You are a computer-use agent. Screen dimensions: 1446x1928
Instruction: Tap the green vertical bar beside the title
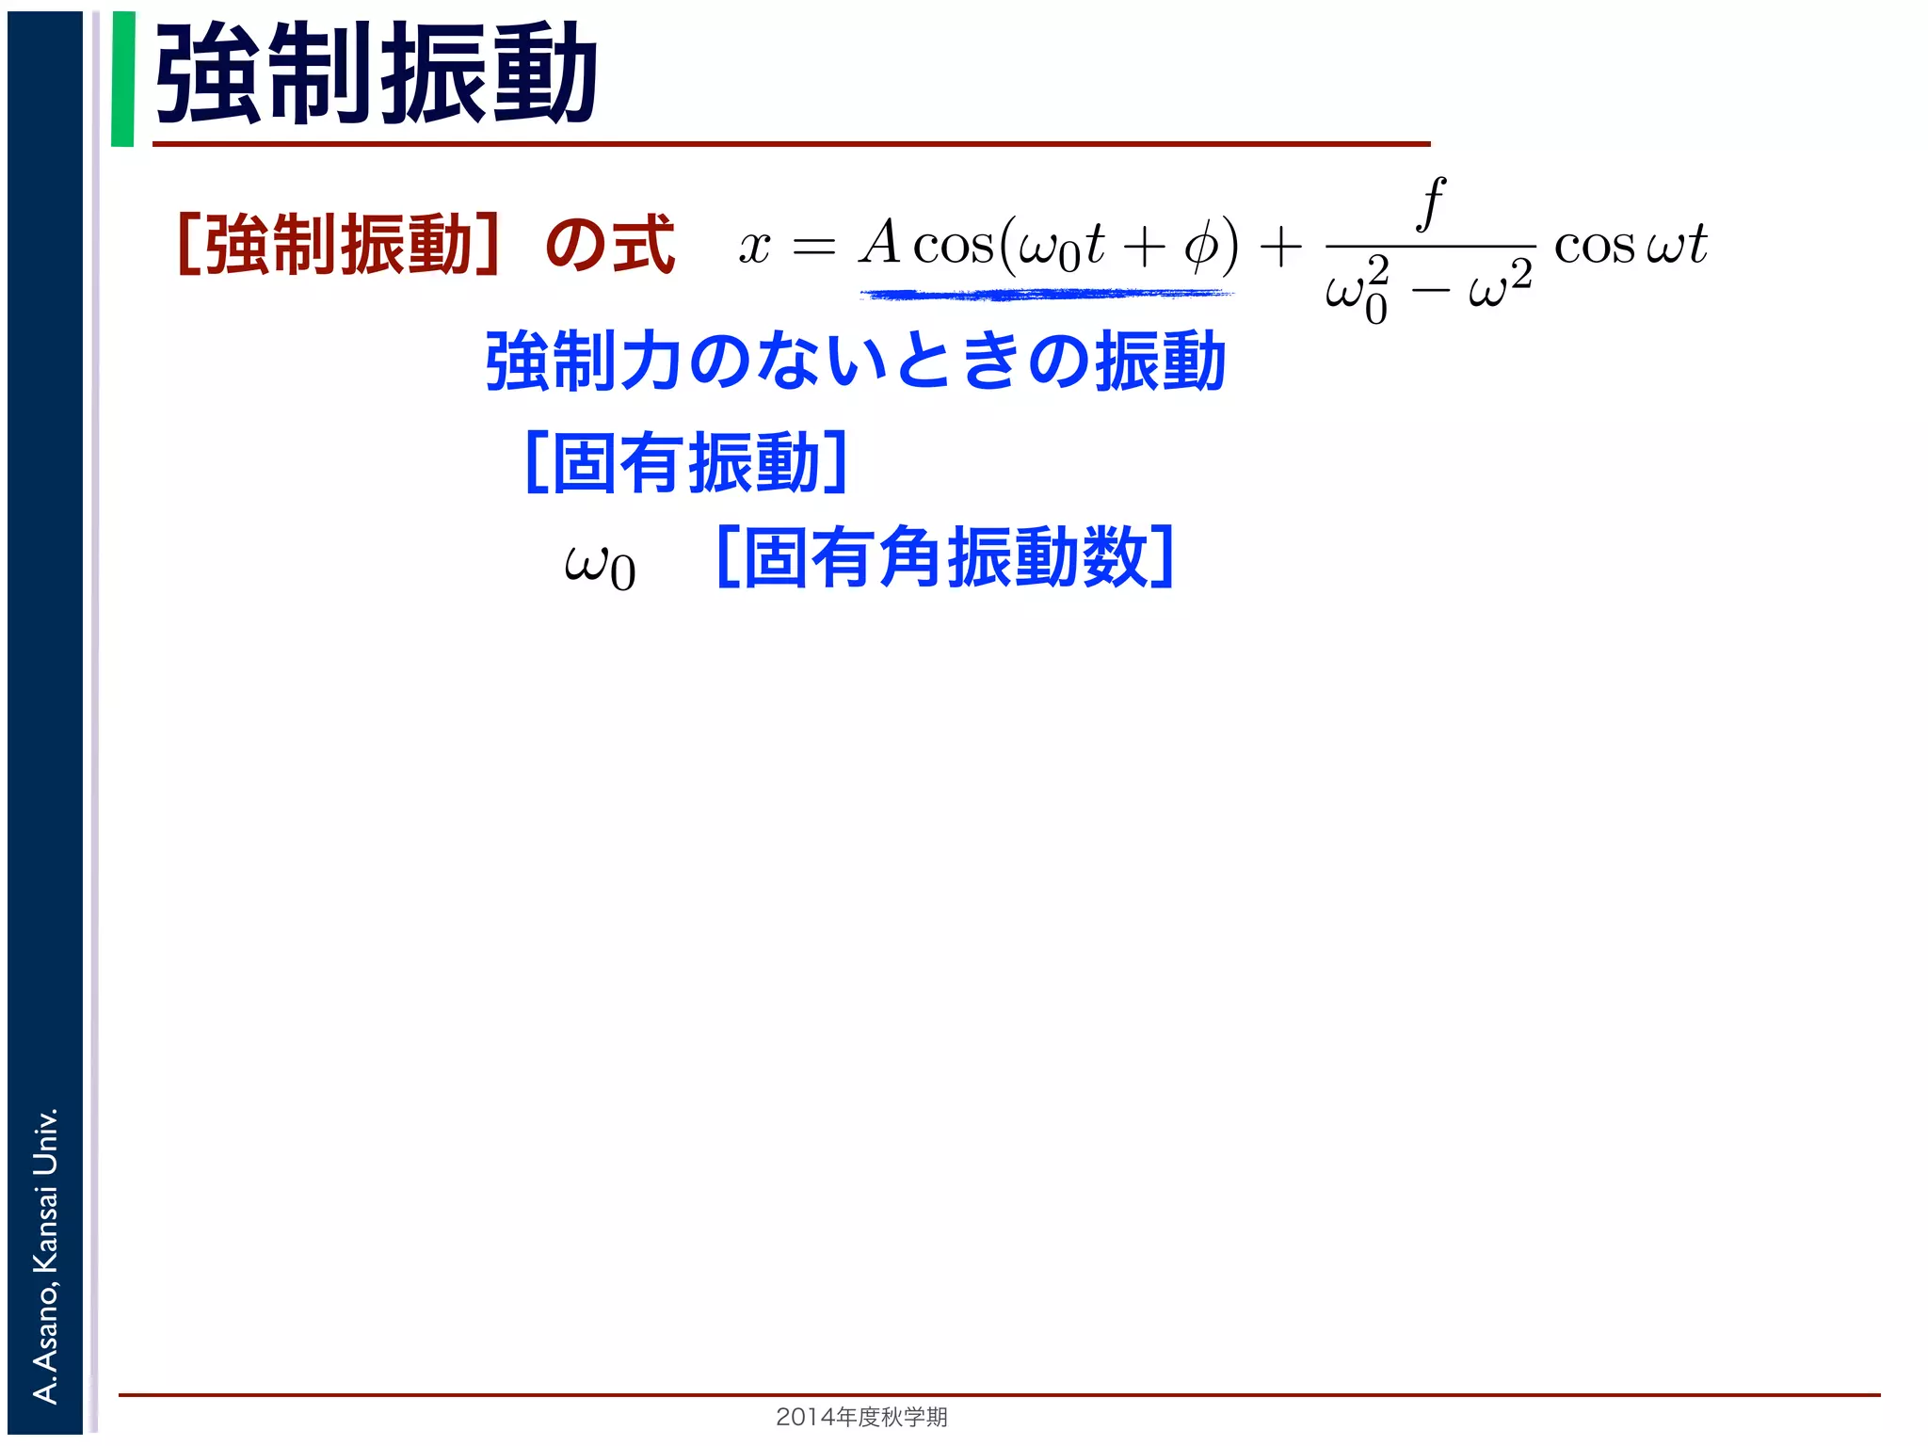(x=122, y=79)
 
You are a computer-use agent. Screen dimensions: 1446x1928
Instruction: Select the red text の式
(x=610, y=245)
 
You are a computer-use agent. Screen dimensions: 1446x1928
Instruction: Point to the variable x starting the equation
(x=754, y=248)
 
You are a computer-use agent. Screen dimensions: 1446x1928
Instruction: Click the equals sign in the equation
(x=813, y=248)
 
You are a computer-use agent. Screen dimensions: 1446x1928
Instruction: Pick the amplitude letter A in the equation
(x=881, y=243)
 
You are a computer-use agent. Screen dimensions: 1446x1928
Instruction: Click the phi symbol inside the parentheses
(x=1200, y=248)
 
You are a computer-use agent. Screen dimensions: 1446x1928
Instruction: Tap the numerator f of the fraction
(x=1431, y=202)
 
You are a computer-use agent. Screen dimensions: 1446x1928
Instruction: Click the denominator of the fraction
(x=1429, y=290)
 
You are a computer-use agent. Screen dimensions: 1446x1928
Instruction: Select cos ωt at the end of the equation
(x=1631, y=246)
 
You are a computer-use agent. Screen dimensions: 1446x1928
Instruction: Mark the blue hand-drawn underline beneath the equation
(x=1045, y=296)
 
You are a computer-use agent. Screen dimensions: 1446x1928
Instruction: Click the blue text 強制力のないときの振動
(x=855, y=361)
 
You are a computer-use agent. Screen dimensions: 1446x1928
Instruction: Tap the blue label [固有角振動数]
(x=945, y=557)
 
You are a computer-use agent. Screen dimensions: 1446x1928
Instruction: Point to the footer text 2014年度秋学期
(x=861, y=1416)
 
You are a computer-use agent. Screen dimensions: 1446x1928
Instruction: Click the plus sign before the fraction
(x=1280, y=248)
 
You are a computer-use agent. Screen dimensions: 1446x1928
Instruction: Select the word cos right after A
(x=953, y=246)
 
